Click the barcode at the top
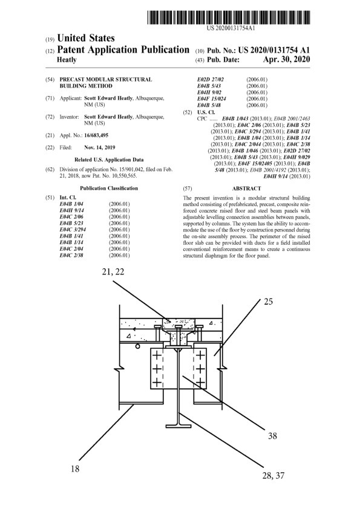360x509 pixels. point(229,18)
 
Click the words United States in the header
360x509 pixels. point(86,38)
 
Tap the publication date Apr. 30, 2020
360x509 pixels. point(286,59)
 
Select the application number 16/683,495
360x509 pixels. point(96,135)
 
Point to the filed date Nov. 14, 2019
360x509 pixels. point(99,148)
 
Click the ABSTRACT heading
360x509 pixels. point(247,188)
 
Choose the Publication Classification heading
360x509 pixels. point(109,188)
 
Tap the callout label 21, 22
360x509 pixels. point(113,271)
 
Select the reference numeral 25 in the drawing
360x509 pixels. point(269,302)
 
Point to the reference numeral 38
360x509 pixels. point(272,436)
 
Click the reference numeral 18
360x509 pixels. point(75,468)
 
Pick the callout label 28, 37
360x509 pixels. point(273,476)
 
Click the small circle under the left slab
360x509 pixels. point(137,346)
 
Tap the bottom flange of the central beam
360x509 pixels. point(178,425)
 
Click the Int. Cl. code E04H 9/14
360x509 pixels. point(71,210)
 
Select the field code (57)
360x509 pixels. point(188,188)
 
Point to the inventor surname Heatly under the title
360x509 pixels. point(67,60)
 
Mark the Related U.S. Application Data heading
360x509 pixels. point(109,160)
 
